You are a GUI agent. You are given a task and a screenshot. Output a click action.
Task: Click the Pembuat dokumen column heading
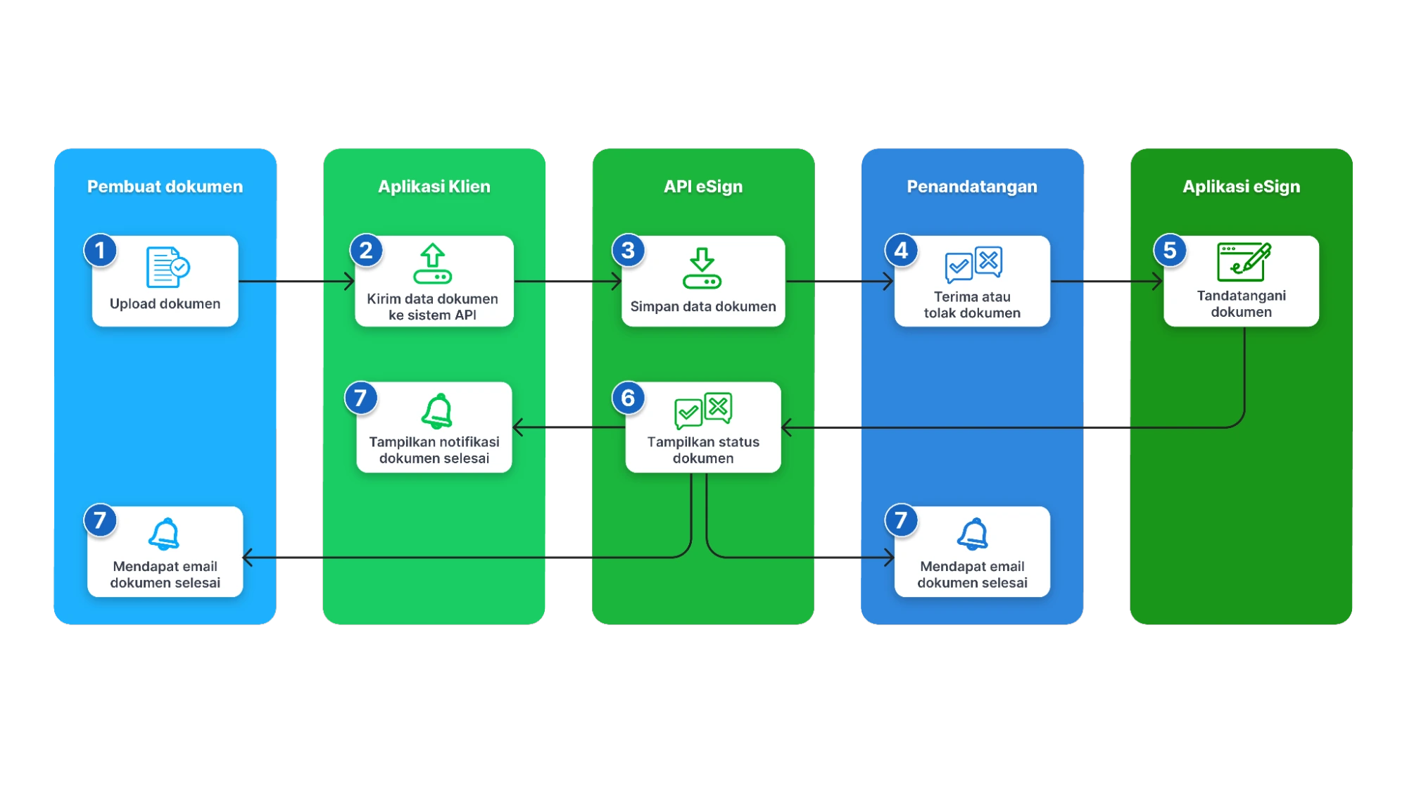click(x=165, y=187)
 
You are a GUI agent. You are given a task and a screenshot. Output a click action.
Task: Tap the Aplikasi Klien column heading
click(x=434, y=187)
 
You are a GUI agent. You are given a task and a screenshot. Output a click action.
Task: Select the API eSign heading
click(x=702, y=187)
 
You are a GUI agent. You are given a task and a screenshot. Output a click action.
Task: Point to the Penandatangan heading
click(x=971, y=187)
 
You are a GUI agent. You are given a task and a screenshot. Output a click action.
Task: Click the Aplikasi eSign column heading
click(x=1241, y=187)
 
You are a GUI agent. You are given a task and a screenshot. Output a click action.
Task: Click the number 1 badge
click(x=100, y=251)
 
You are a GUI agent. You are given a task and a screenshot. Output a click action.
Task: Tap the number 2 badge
click(x=366, y=251)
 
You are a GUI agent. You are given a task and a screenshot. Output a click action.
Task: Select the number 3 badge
click(x=629, y=251)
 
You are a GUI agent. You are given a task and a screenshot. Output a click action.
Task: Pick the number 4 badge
click(x=901, y=251)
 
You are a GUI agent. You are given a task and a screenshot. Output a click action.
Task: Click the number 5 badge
click(x=1170, y=251)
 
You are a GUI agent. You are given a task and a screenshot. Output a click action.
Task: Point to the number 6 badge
click(x=629, y=398)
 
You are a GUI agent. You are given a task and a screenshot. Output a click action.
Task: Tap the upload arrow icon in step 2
click(x=432, y=264)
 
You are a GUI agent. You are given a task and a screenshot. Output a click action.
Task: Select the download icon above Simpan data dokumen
click(x=702, y=268)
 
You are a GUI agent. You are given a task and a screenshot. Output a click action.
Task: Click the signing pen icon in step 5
click(x=1244, y=261)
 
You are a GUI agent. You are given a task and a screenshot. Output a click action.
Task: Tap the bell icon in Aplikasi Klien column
click(x=436, y=411)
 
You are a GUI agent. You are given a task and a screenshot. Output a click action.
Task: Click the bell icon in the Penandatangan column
click(x=973, y=534)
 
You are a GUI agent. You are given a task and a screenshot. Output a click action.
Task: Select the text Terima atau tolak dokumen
click(x=972, y=305)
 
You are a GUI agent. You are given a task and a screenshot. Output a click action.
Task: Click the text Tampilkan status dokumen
click(x=703, y=450)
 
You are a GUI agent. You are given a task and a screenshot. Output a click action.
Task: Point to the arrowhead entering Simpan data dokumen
click(x=617, y=282)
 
